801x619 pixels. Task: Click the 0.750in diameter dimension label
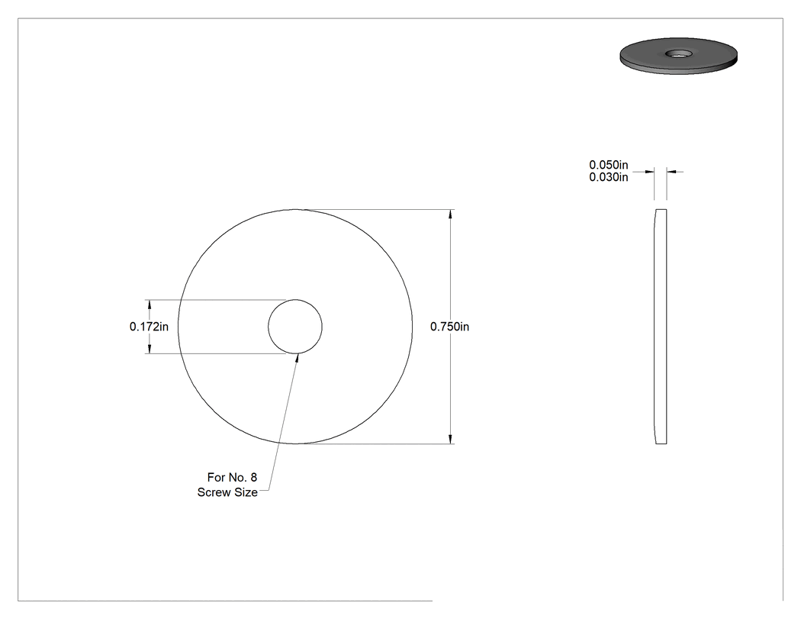point(449,327)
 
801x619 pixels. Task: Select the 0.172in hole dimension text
point(149,327)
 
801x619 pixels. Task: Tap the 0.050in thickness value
point(609,165)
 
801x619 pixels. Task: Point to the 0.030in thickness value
point(609,177)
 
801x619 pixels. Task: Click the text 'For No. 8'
point(232,477)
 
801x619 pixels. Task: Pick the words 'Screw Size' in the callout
point(227,492)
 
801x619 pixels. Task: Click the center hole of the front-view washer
point(295,327)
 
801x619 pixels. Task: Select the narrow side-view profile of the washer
point(661,327)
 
